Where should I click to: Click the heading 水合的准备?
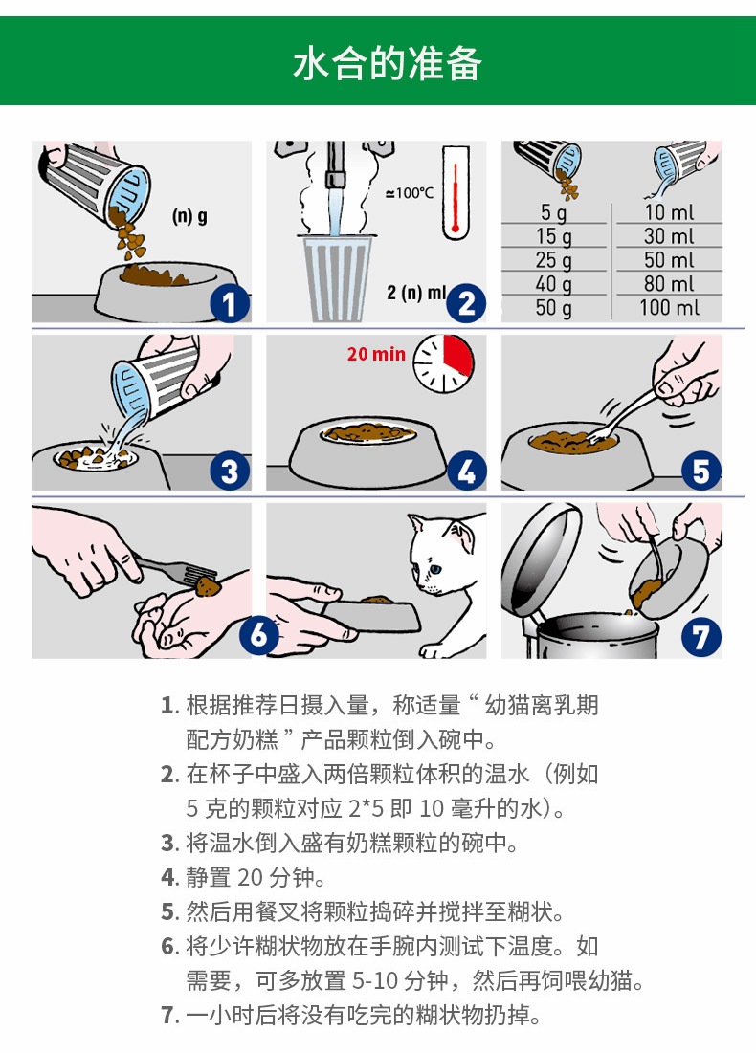pos(387,64)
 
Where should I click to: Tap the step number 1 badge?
pos(230,303)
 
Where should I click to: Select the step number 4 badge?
pos(466,471)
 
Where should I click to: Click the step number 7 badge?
pos(700,637)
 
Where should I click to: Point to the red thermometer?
pos(455,193)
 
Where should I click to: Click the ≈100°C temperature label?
pos(410,193)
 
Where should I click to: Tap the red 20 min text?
pos(376,354)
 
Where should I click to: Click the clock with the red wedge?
pos(443,363)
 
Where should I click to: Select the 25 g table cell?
pos(554,260)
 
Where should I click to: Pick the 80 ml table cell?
pos(669,283)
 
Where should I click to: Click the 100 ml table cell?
pos(669,308)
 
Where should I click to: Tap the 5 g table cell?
pos(554,212)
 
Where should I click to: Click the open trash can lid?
pos(541,559)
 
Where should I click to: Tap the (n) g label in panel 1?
pos(189,216)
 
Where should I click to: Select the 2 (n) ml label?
pos(416,292)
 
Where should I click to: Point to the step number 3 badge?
pos(230,471)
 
